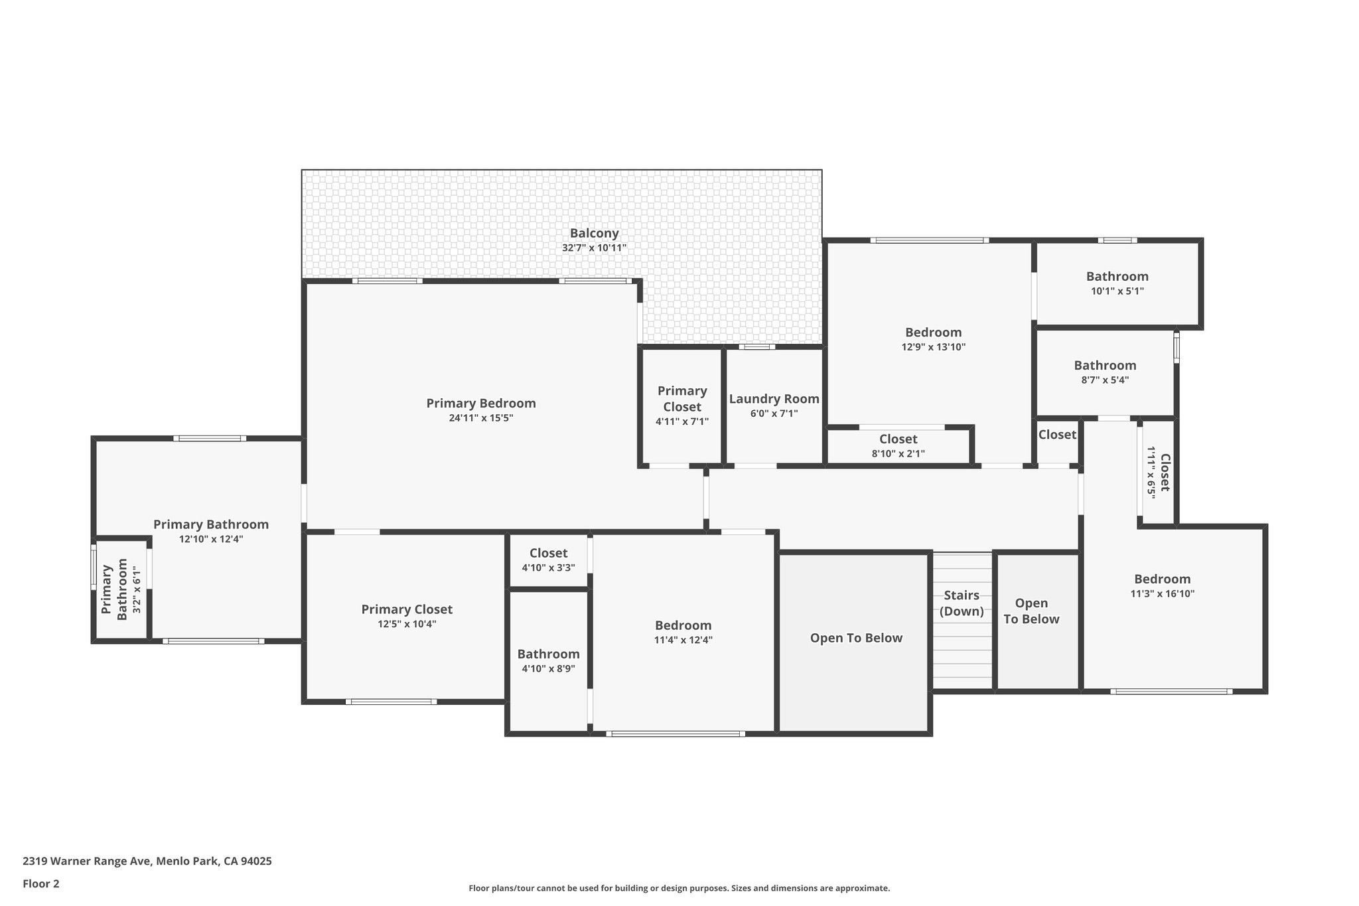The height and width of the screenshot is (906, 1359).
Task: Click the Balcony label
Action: [594, 234]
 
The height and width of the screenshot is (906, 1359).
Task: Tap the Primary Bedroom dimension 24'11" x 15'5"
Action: [480, 418]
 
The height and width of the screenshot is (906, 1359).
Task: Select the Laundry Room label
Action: [774, 399]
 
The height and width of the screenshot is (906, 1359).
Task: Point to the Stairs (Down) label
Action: [962, 603]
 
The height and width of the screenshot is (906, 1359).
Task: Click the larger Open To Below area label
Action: [856, 638]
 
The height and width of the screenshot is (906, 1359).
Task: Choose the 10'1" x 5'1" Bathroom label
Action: [1117, 277]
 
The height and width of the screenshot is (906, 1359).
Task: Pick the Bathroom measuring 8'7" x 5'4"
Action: [1105, 366]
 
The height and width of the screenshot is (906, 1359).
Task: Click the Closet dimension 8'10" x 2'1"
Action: [898, 454]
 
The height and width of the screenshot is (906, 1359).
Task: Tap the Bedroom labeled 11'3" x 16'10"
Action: [1162, 579]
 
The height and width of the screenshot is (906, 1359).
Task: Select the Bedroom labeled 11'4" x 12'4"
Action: [683, 625]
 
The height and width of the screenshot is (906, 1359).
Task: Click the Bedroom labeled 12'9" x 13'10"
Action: [933, 333]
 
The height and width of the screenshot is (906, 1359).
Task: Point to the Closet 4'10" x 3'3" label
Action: [548, 553]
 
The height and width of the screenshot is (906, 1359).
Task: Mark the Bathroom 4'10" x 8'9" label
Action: [548, 654]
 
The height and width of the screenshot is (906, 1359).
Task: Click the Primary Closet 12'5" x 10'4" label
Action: [407, 609]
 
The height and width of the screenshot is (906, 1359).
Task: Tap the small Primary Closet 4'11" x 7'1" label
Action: [682, 399]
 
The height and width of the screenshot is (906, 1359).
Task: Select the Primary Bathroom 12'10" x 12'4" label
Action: [211, 524]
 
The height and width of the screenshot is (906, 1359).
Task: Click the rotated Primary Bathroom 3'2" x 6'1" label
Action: [114, 589]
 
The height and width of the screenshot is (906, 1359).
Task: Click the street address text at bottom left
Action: [147, 862]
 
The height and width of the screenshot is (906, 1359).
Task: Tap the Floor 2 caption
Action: [41, 883]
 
